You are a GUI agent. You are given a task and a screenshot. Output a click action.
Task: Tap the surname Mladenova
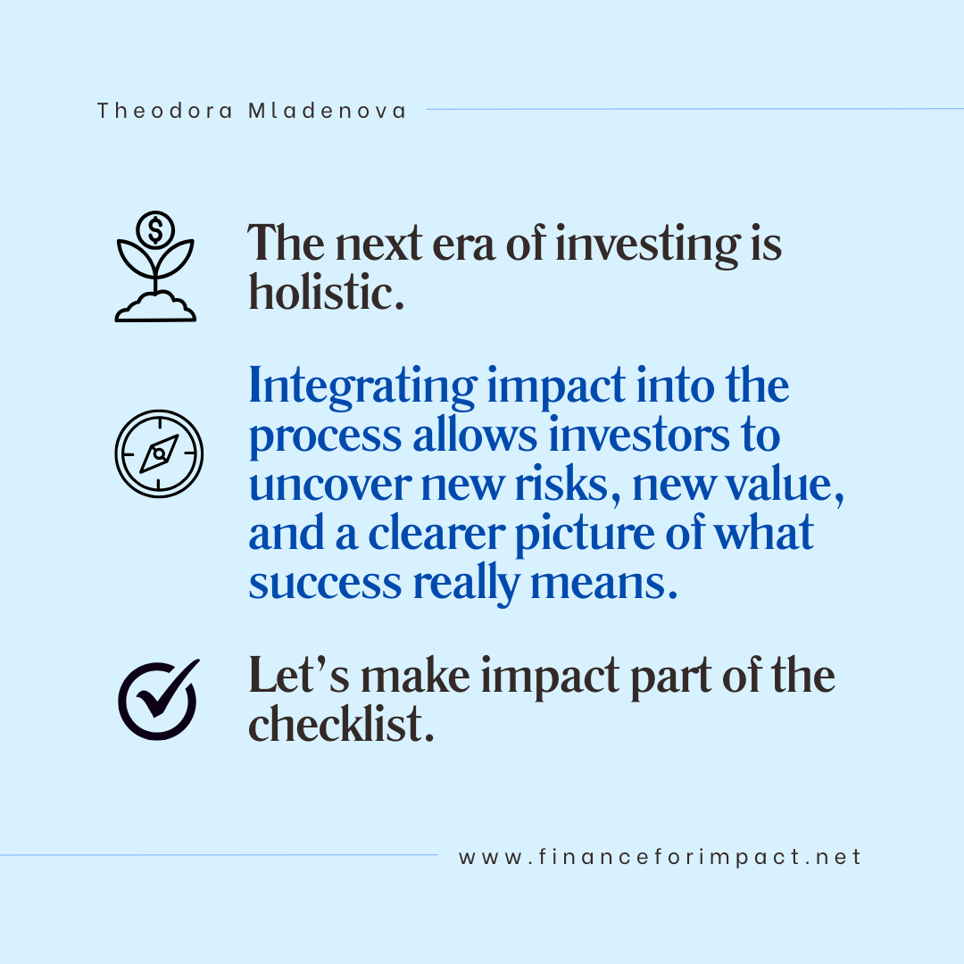coord(327,111)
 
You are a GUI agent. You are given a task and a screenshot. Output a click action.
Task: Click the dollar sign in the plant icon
coord(155,232)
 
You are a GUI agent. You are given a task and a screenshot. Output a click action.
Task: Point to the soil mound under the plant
coord(155,309)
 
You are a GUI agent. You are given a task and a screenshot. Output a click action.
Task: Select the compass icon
coord(159,453)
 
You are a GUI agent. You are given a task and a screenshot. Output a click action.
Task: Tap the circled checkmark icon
coord(158,699)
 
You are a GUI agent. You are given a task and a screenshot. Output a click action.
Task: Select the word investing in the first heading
coord(646,244)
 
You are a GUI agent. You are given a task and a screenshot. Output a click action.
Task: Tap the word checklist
coord(341,724)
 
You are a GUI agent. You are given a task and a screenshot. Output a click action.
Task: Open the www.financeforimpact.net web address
coord(660,858)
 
